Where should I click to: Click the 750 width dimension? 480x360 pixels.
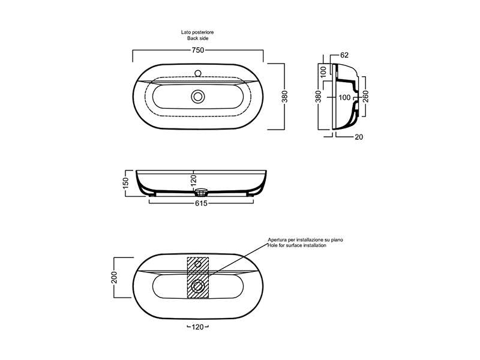click(x=198, y=50)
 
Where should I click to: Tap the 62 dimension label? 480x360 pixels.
click(x=344, y=55)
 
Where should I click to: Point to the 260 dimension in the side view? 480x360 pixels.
click(x=365, y=97)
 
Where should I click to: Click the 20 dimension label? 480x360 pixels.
click(x=359, y=137)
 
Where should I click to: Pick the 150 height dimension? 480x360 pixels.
click(x=126, y=183)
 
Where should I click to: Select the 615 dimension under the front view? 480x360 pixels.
click(x=201, y=203)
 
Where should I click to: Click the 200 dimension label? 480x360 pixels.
click(x=114, y=277)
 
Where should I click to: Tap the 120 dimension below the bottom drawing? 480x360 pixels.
click(x=198, y=327)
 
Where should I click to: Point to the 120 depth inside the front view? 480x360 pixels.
click(x=193, y=181)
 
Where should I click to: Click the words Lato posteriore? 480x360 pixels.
click(x=197, y=32)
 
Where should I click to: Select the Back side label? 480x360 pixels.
click(x=198, y=38)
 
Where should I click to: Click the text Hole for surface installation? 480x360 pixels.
click(x=297, y=245)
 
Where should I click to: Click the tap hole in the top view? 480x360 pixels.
click(x=198, y=73)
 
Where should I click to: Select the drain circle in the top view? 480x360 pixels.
click(x=198, y=97)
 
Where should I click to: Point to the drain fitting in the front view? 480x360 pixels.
click(x=201, y=193)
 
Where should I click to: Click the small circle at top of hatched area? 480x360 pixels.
click(x=198, y=264)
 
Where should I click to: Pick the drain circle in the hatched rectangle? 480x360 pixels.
click(x=198, y=287)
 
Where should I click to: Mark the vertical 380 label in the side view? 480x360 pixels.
click(x=319, y=97)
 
